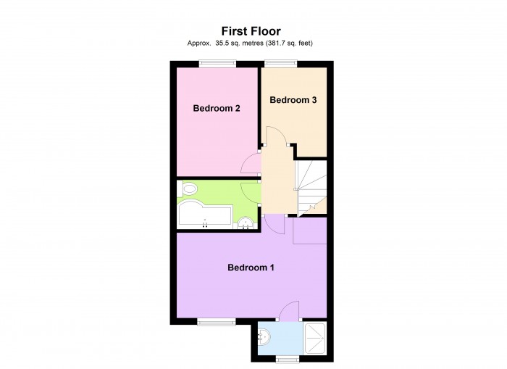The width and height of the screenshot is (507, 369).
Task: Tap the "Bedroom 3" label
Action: (x=293, y=100)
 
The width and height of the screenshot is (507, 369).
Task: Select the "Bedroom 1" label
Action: (x=251, y=268)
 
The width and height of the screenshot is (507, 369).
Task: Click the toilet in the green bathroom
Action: (x=190, y=190)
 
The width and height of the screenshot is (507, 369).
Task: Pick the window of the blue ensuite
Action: (x=288, y=360)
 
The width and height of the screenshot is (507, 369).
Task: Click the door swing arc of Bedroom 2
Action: (x=249, y=162)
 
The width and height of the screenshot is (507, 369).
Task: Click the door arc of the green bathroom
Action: (x=251, y=190)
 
